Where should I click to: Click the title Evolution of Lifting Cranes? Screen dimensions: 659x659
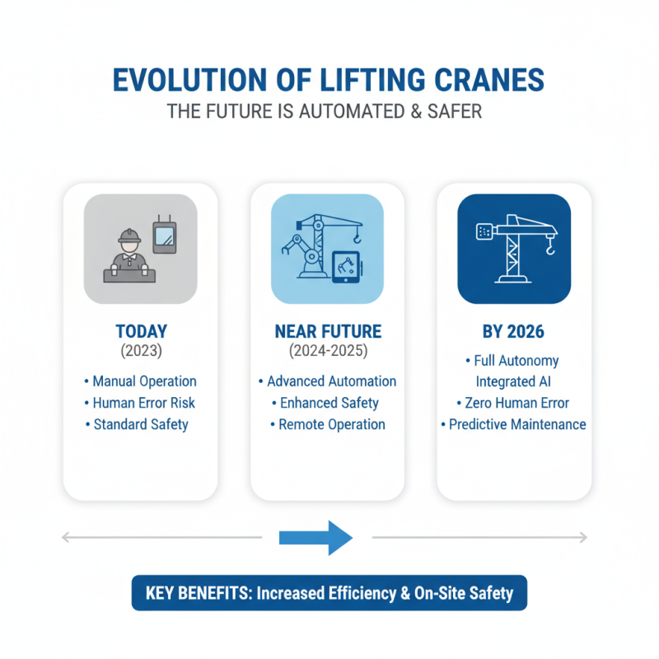[x=329, y=82]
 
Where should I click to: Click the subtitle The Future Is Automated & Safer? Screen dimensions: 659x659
[x=329, y=111]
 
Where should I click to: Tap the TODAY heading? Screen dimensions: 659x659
[x=141, y=332]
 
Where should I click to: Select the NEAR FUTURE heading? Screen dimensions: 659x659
[x=327, y=332]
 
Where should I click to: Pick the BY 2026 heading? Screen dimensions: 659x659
[x=513, y=332]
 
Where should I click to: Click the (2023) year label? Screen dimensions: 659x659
[x=141, y=351]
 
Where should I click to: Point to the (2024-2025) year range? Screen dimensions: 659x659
[x=327, y=351]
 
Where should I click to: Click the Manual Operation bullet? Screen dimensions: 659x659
[x=141, y=381]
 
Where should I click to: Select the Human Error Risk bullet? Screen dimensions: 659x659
[x=141, y=403]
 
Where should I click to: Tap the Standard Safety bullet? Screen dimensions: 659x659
[x=141, y=424]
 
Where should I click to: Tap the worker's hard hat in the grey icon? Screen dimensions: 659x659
[x=129, y=236]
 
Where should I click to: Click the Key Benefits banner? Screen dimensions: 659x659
[x=329, y=592]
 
